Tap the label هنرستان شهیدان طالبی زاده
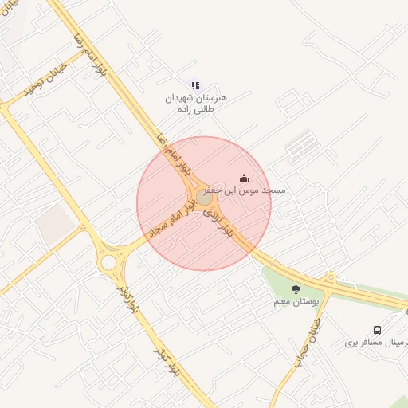[196, 103]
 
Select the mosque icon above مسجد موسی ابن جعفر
[244, 178]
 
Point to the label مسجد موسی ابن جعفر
[245, 191]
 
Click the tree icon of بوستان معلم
[296, 289]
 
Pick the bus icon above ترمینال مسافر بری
[377, 330]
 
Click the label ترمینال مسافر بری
[376, 343]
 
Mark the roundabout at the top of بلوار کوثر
[109, 262]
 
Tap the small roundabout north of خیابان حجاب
[330, 278]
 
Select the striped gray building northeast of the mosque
[300, 145]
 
